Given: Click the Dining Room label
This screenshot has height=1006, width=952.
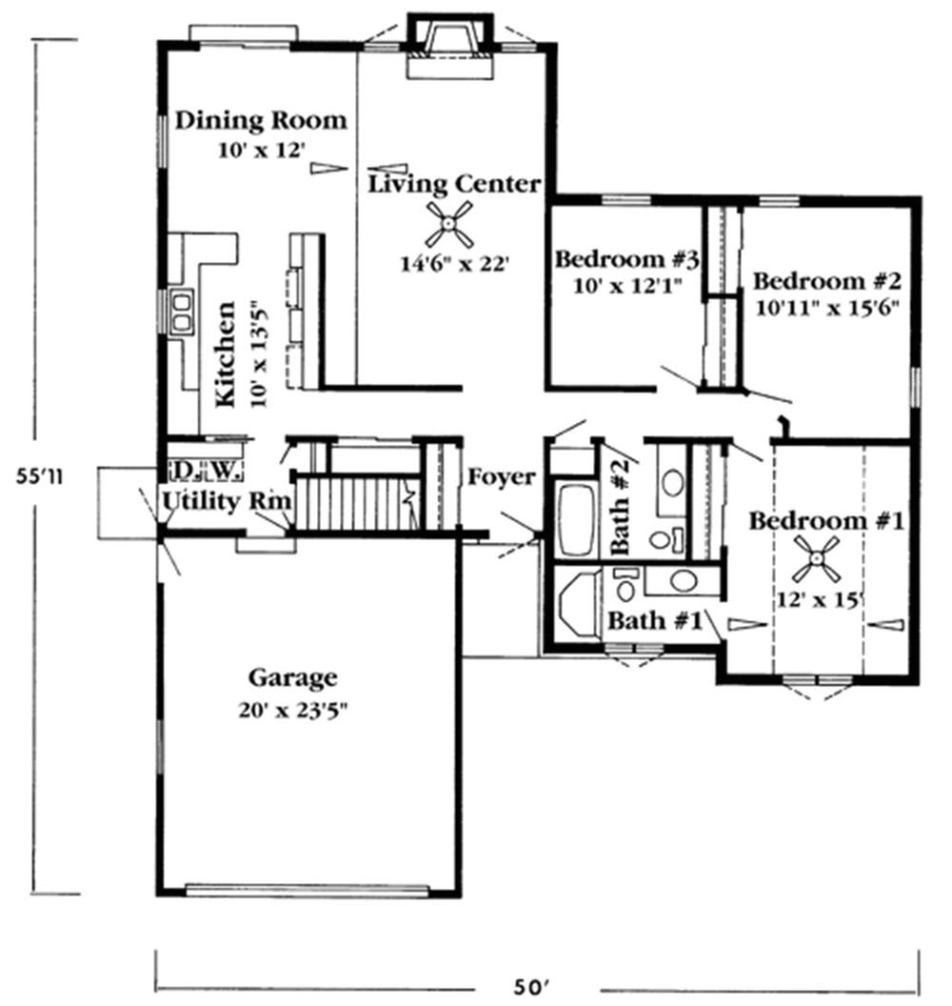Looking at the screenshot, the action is pyautogui.click(x=260, y=121).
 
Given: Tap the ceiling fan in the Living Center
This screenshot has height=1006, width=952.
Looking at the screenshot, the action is pyautogui.click(x=449, y=224).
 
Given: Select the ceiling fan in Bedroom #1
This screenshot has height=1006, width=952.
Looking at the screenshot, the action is pyautogui.click(x=816, y=559).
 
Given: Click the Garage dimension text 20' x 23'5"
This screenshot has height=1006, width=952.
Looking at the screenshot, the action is pyautogui.click(x=293, y=711).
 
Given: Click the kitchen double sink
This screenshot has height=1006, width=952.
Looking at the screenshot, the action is pyautogui.click(x=182, y=311).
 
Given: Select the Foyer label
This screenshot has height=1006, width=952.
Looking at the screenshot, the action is pyautogui.click(x=502, y=477).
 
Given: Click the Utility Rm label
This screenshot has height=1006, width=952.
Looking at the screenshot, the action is pyautogui.click(x=228, y=501).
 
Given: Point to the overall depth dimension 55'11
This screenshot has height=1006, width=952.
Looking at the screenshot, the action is pyautogui.click(x=40, y=476).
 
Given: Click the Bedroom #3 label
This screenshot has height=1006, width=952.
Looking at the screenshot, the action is pyautogui.click(x=626, y=259).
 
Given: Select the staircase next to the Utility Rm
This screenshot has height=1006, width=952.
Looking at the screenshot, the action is pyautogui.click(x=356, y=501).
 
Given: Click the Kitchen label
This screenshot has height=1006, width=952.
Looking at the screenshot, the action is pyautogui.click(x=226, y=353).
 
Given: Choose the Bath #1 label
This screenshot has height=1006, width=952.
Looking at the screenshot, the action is pyautogui.click(x=655, y=620).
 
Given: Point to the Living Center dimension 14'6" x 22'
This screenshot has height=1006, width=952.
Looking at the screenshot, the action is pyautogui.click(x=454, y=263).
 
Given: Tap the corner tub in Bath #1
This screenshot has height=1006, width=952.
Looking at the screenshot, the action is pyautogui.click(x=578, y=603).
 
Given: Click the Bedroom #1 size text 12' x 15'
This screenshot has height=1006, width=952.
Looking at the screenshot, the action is pyautogui.click(x=819, y=600).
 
